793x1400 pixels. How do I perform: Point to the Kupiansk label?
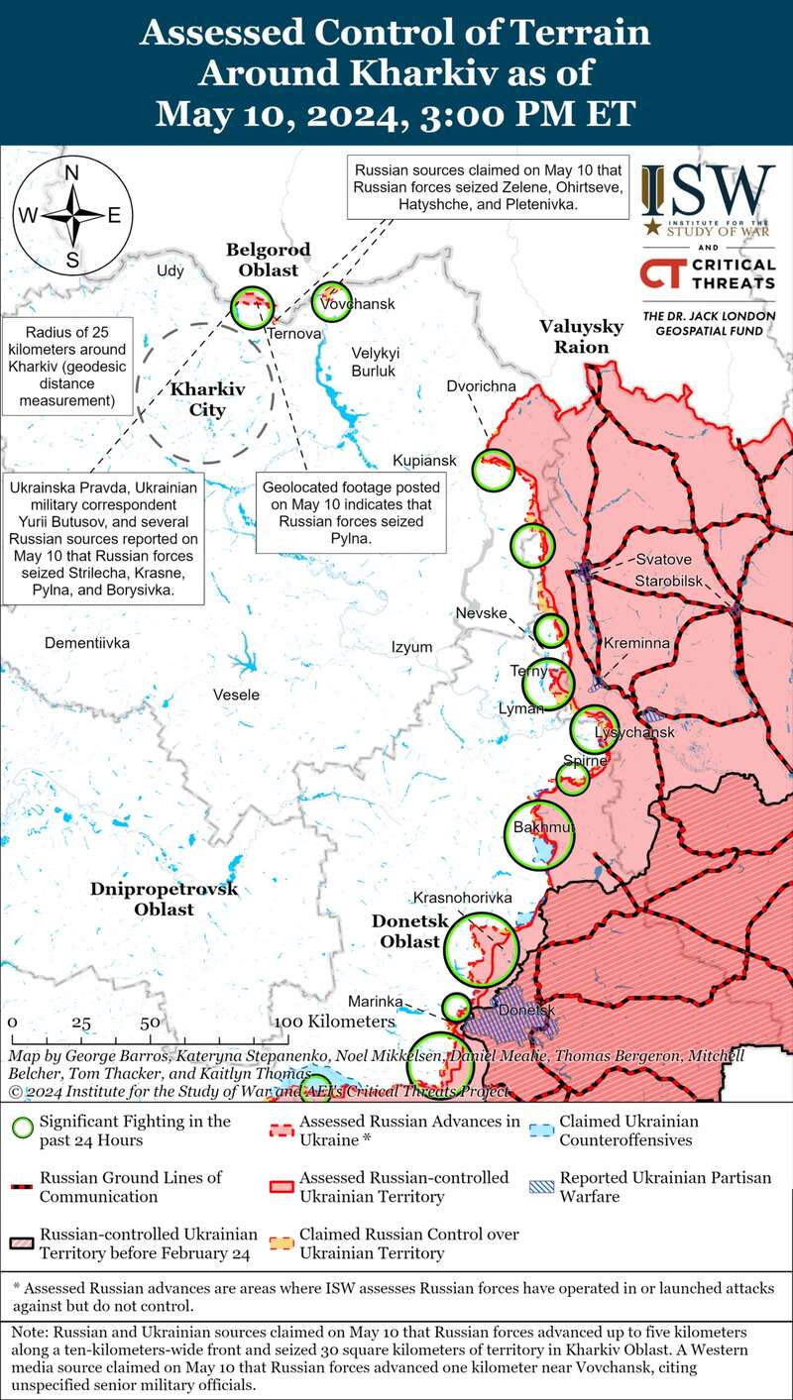tap(424, 461)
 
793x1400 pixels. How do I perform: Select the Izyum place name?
tap(411, 647)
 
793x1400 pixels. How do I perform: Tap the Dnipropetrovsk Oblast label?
tap(165, 899)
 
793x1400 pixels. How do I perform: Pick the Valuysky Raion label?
tap(581, 337)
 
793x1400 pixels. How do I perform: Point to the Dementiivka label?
tap(87, 643)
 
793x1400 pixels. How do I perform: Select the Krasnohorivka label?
tap(462, 897)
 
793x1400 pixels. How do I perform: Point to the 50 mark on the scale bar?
tap(151, 1022)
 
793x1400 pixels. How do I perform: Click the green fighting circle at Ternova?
tap(251, 307)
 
